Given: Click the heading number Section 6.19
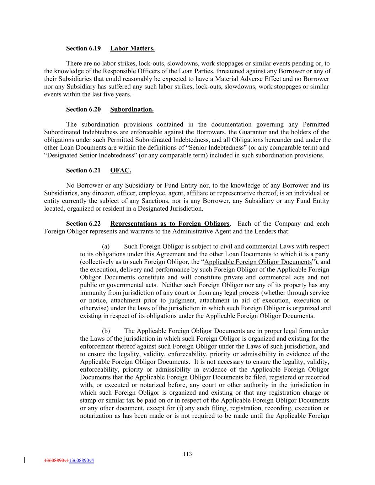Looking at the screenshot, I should point(83,48).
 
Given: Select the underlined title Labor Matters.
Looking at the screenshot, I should point(132,48).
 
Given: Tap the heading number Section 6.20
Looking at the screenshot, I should point(83,109).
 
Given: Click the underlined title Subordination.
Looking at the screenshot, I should point(132,109).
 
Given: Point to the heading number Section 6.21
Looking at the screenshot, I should point(83,171).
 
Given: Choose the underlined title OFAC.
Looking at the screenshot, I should point(120,171).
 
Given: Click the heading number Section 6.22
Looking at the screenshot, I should point(83,224).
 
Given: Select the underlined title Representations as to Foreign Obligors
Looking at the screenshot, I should point(170,224).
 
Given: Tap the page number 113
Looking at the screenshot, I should point(187,454).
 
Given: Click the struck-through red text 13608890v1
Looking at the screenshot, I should point(56,460).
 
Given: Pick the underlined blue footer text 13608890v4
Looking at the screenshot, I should point(81,460).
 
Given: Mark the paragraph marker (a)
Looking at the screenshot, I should point(106,247).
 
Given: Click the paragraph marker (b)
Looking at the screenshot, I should point(106,331).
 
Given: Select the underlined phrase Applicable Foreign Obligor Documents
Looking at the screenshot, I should point(258,262).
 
